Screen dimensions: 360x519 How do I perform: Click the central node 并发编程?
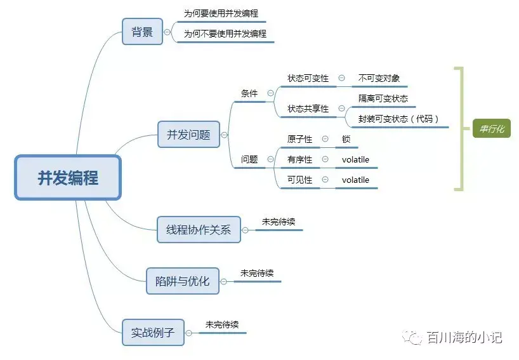(x=67, y=178)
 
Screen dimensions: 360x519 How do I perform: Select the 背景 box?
(x=142, y=32)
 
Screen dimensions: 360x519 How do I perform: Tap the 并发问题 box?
(x=188, y=135)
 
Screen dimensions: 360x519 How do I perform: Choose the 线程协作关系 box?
(x=199, y=229)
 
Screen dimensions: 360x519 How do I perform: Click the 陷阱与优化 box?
(x=183, y=281)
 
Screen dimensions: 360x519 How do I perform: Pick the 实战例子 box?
(x=153, y=332)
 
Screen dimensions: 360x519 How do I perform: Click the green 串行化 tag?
(x=492, y=129)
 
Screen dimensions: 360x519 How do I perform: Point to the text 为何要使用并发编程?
(x=221, y=13)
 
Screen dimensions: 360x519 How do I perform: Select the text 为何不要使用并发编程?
(x=225, y=34)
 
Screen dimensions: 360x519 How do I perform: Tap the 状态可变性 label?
(x=308, y=78)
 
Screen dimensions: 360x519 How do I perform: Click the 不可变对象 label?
(x=379, y=78)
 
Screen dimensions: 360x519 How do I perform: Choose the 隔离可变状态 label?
(x=383, y=98)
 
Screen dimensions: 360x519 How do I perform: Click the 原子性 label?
(x=300, y=139)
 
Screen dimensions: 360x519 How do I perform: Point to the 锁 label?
(x=346, y=139)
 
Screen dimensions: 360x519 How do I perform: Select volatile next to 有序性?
(x=355, y=159)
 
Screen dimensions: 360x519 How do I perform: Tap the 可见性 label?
(x=300, y=180)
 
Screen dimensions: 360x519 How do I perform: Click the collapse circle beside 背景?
(x=168, y=32)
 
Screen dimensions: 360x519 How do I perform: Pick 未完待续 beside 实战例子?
(x=222, y=324)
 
